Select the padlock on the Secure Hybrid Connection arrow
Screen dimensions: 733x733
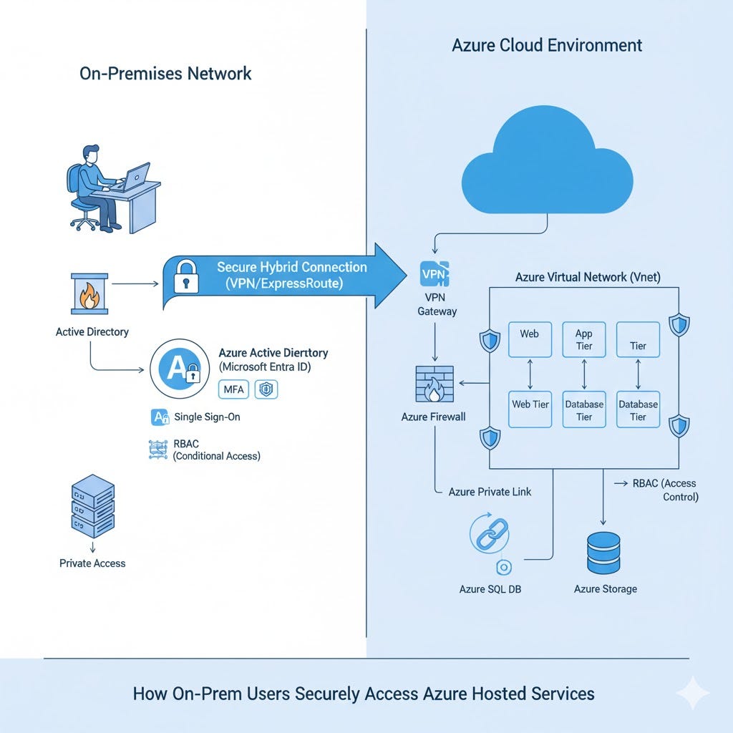click(x=187, y=276)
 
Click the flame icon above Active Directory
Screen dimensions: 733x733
click(x=89, y=293)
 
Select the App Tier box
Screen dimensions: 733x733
click(x=584, y=339)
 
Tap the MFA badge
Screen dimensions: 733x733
click(x=234, y=389)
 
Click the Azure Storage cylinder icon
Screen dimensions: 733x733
click(x=603, y=553)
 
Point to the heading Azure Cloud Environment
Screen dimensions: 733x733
click(x=547, y=46)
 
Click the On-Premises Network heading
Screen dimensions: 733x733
click(x=165, y=73)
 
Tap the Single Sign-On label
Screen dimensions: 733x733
click(x=207, y=417)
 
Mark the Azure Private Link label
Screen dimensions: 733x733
click(x=490, y=492)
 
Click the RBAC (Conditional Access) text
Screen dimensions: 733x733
click(x=216, y=450)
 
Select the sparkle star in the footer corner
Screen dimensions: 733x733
click(x=692, y=693)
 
